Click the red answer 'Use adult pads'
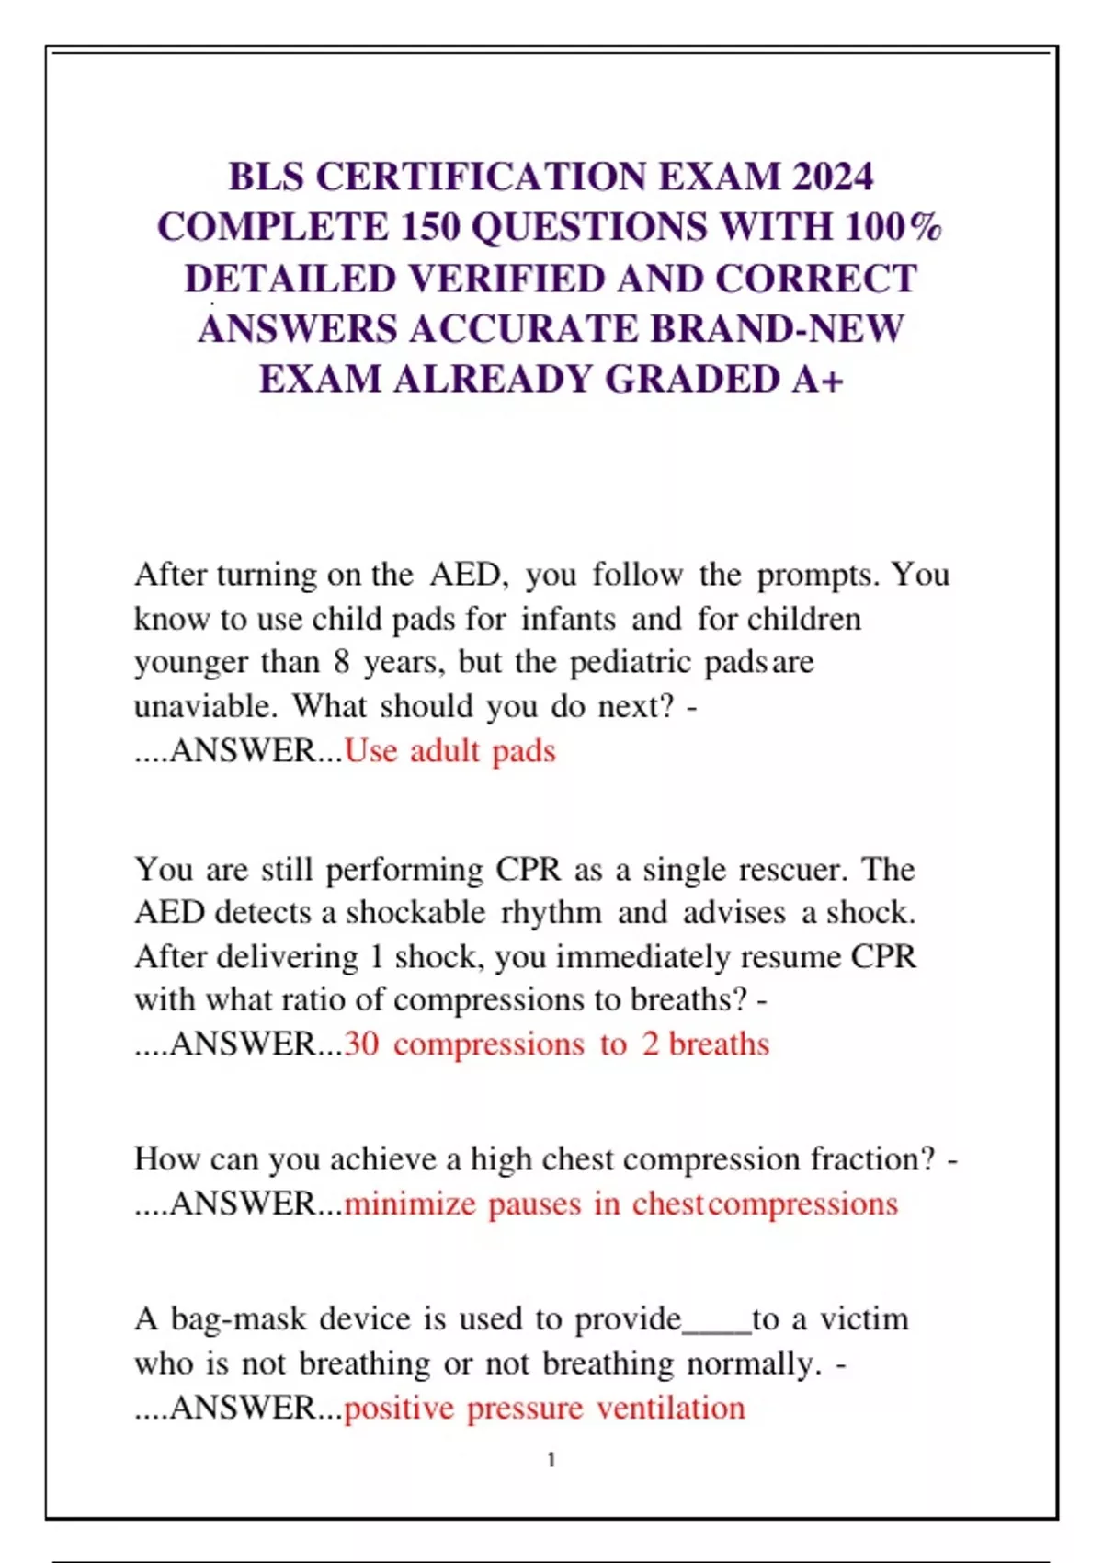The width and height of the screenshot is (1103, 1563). (450, 751)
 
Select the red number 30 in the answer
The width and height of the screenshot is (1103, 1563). (361, 1044)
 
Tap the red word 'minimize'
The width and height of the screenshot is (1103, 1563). (410, 1204)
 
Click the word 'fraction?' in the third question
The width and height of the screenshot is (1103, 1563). (872, 1159)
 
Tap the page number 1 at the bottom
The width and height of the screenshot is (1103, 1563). (551, 1460)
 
